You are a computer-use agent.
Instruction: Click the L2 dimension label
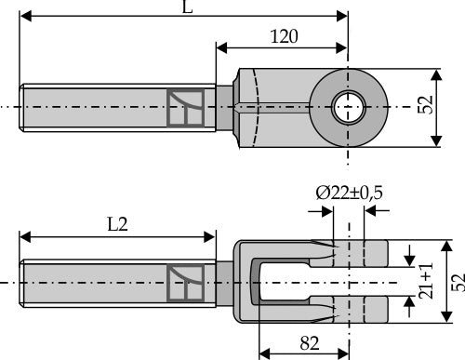[x=117, y=223]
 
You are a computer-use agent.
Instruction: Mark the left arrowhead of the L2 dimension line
[x=26, y=233]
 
